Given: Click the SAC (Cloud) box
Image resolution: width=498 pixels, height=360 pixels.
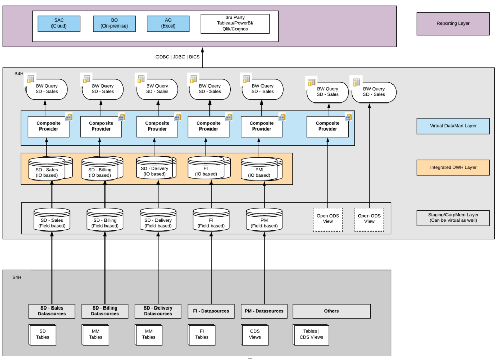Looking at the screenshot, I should pos(59,23).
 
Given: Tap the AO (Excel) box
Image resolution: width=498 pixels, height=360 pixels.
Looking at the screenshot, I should pos(168,23).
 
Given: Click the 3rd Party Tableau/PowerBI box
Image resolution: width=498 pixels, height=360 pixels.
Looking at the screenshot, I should pos(235,24).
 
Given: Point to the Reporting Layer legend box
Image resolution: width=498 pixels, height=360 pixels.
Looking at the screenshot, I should pos(453,23).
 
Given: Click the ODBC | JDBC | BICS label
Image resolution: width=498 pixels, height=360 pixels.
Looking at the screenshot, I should pos(178,57).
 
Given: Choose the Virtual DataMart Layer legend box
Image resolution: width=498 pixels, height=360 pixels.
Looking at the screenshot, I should pos(453,126).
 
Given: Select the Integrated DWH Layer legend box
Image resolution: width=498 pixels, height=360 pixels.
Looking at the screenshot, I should pos(453,167).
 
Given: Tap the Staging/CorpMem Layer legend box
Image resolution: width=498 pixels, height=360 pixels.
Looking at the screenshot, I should pos(453,218).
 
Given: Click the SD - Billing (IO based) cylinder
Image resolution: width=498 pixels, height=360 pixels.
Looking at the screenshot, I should pos(100,169).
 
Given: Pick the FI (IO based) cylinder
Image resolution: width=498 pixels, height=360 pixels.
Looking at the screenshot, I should pos(209,168).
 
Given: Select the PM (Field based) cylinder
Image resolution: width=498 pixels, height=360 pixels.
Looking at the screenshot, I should pos(264,220).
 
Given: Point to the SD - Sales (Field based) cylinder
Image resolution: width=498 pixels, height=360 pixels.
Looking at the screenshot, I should pos(51,220).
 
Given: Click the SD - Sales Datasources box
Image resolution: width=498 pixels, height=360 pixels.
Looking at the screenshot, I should pos(51,311).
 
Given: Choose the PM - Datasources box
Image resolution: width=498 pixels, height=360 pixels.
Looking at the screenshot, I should pos(264,311).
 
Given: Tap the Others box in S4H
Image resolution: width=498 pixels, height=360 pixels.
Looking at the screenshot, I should pos(331,311).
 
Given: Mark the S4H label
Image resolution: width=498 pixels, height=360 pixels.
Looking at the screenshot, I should pos(17,278).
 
